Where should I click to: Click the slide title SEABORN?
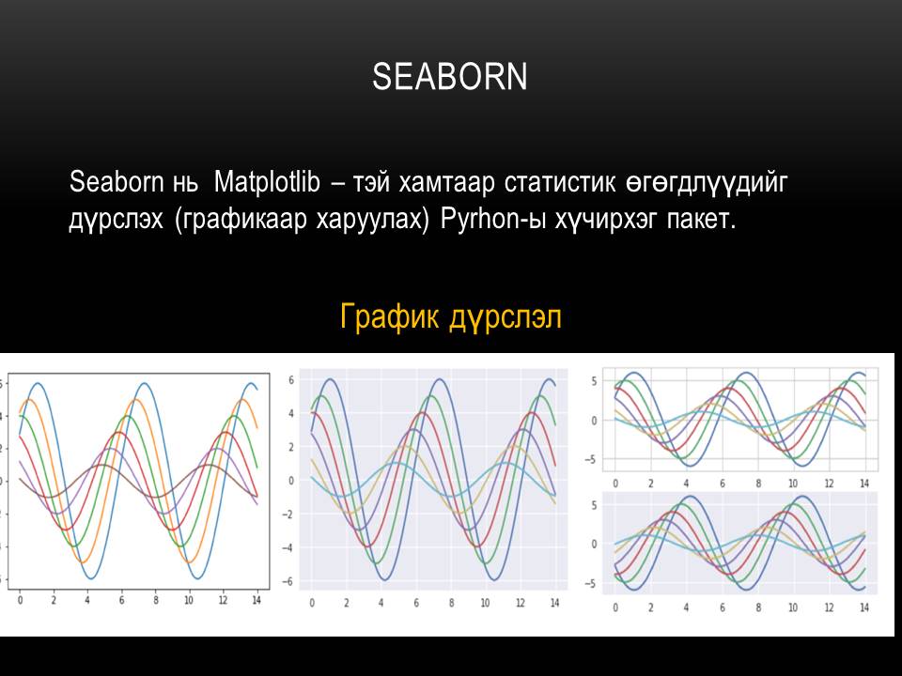pyautogui.click(x=450, y=77)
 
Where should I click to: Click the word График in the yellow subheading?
pyautogui.click(x=387, y=317)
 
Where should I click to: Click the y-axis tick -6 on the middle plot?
pyautogui.click(x=291, y=582)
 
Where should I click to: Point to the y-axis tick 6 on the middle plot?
pyautogui.click(x=292, y=380)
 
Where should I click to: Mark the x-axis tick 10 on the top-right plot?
pyautogui.click(x=793, y=483)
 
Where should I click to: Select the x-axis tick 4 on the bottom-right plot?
pyautogui.click(x=686, y=607)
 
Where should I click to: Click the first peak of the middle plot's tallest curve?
pyautogui.click(x=328, y=379)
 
